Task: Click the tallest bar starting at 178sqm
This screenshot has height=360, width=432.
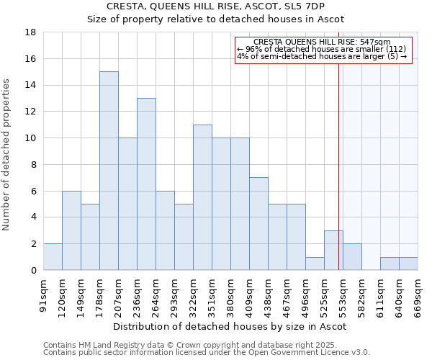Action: (x=109, y=171)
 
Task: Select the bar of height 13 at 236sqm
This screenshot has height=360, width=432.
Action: (x=146, y=184)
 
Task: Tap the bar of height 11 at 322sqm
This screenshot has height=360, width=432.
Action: (x=202, y=197)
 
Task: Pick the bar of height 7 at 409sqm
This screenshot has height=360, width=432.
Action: (x=258, y=223)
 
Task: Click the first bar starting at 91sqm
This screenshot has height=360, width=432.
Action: (x=53, y=257)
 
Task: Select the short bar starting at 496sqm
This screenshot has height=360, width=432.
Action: (x=315, y=264)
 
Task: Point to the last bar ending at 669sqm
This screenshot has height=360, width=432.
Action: (x=408, y=264)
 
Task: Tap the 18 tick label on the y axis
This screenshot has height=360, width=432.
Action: (x=30, y=32)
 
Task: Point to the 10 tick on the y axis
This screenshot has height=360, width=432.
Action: (x=30, y=138)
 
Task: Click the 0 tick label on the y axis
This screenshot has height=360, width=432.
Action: (x=33, y=271)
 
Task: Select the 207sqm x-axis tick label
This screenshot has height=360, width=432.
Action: (x=118, y=297)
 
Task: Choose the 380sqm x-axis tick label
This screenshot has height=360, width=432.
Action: (x=230, y=297)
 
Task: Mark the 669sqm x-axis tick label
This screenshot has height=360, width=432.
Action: (x=418, y=297)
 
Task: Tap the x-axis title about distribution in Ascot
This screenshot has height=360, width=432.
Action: (x=230, y=326)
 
